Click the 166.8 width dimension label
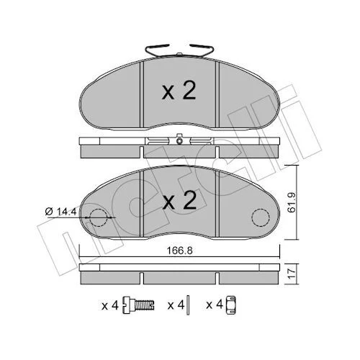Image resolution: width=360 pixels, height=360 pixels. point(180,251)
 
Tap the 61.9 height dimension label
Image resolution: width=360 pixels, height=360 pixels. point(292,202)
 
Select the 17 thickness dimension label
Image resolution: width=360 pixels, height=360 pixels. point(292,274)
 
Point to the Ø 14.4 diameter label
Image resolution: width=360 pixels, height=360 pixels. point(60,212)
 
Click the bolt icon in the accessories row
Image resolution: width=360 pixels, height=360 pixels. point(138,305)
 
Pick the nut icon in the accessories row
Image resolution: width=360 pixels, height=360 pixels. point(231,305)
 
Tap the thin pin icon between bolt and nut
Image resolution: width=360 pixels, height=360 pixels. point(188,305)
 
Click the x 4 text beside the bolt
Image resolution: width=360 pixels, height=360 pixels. point(110,305)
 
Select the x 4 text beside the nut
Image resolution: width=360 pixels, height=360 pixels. point(215,305)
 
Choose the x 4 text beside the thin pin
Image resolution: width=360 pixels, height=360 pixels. point(176,305)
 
